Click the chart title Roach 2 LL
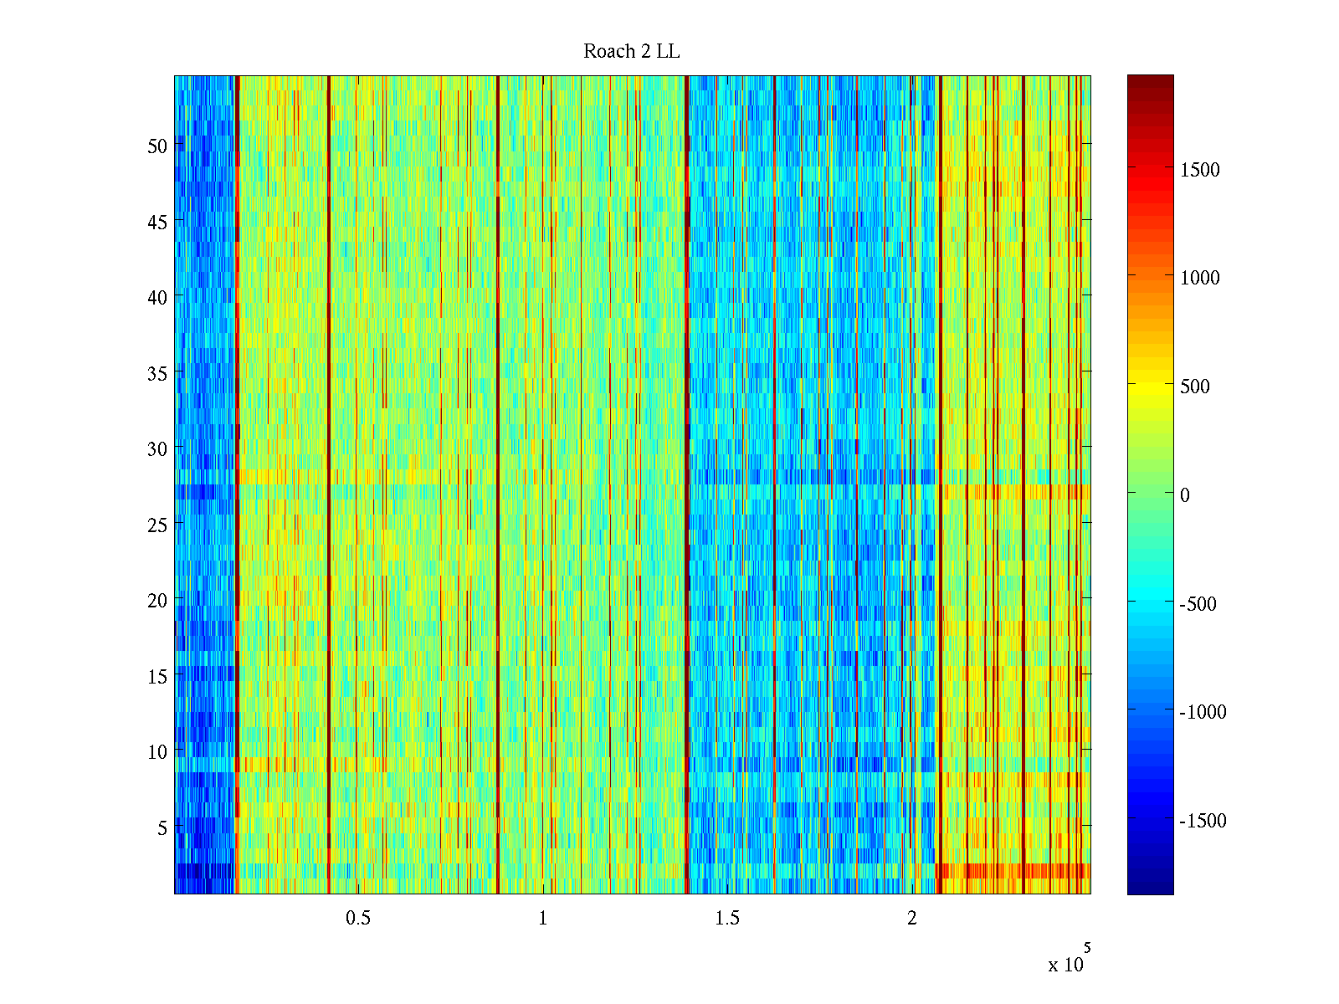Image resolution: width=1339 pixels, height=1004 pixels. (631, 52)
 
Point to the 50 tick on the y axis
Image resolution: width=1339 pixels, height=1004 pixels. (157, 146)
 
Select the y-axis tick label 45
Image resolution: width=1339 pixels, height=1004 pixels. (157, 222)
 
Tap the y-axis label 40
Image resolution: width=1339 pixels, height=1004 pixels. (157, 297)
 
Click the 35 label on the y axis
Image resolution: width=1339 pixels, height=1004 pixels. (157, 373)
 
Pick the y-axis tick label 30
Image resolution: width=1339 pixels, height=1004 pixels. (157, 448)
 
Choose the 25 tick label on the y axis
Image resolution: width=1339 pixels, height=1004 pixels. (157, 525)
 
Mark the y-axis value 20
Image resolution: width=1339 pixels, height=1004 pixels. (157, 600)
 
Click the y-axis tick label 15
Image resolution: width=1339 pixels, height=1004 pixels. (157, 676)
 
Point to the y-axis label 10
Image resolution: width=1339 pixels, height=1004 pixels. (157, 751)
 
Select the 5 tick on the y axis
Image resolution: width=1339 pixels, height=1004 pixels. (162, 827)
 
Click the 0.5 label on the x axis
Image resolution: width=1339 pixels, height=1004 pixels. (358, 918)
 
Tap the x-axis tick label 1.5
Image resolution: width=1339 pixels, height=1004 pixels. (727, 918)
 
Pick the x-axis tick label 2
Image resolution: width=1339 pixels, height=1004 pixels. (912, 918)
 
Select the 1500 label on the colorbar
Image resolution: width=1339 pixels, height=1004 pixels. (1199, 170)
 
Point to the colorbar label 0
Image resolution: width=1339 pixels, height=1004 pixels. (1184, 495)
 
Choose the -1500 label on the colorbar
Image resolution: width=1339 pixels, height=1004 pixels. (1203, 821)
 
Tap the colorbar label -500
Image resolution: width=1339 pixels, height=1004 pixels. (1198, 604)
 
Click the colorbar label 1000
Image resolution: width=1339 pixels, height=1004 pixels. (1199, 278)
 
